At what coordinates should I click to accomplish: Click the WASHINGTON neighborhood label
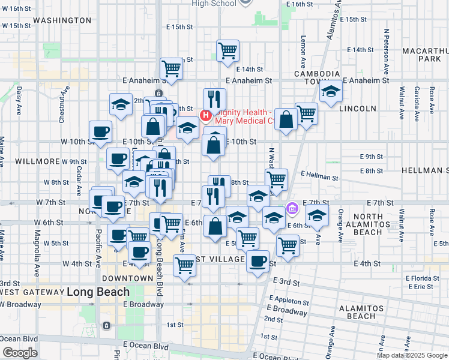point(62,20)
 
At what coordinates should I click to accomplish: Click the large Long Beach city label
point(98,292)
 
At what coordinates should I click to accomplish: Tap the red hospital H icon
point(206,114)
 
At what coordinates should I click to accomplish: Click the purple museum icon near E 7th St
point(292,209)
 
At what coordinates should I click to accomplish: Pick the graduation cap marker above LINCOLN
point(331,92)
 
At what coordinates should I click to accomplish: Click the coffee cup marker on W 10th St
point(100,131)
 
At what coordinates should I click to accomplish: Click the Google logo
point(20,353)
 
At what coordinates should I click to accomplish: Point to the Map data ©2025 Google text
point(412,355)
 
